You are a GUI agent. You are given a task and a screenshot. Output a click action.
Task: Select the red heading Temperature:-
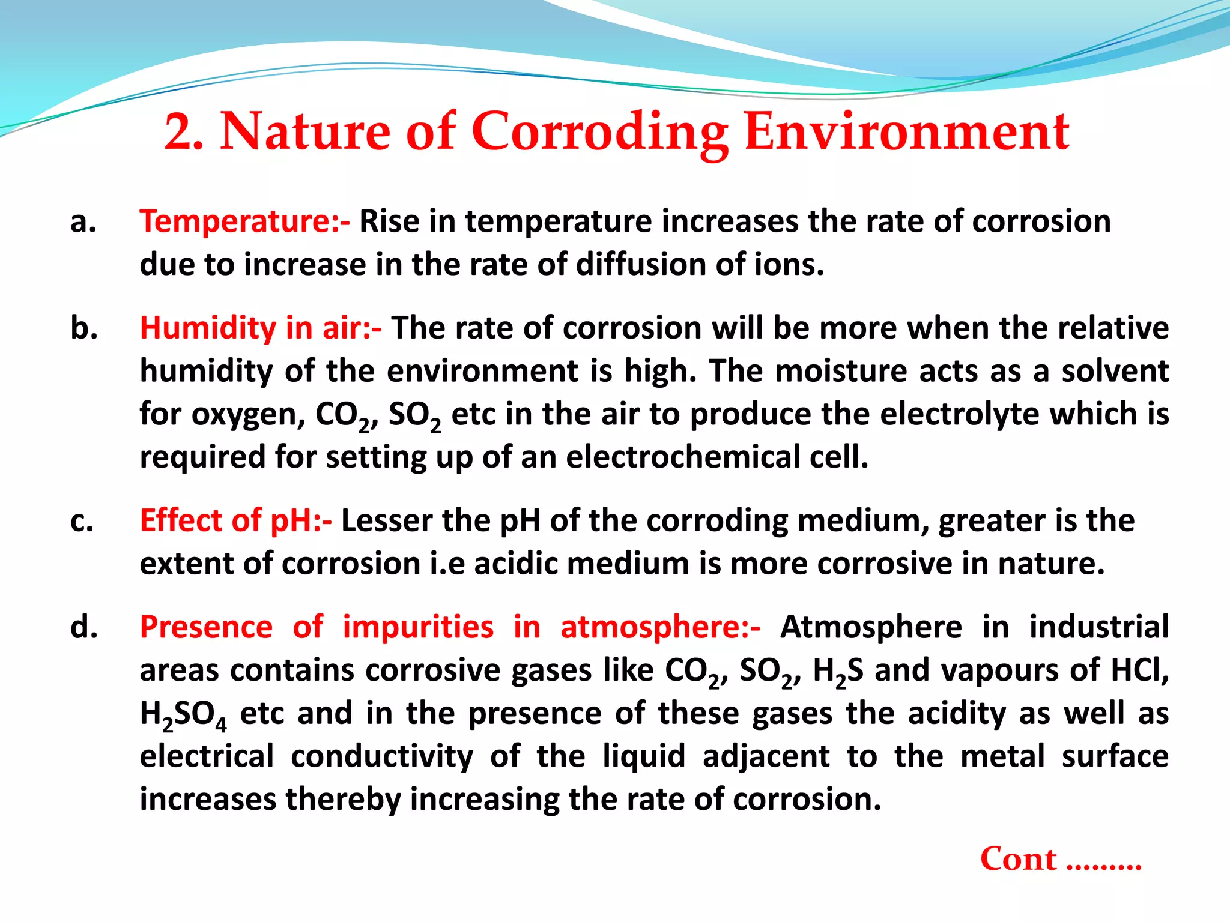point(244,221)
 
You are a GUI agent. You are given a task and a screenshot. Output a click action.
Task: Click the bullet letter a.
point(83,221)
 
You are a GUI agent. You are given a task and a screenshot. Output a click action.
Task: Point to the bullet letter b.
point(84,328)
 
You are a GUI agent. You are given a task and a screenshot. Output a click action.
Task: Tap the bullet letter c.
point(82,520)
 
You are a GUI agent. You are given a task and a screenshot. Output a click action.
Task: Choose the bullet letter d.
point(84,627)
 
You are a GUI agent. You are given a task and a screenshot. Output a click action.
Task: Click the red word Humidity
point(207,328)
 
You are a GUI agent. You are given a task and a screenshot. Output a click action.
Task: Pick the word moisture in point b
point(841,371)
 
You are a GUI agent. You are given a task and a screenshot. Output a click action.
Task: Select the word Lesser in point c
point(386,520)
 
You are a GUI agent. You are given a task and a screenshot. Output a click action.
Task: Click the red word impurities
point(418,627)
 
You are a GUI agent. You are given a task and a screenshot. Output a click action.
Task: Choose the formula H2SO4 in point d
point(183,714)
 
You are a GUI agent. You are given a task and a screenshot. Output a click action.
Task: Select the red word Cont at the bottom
point(1018,859)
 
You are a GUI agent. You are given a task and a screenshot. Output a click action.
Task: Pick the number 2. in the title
point(183,132)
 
